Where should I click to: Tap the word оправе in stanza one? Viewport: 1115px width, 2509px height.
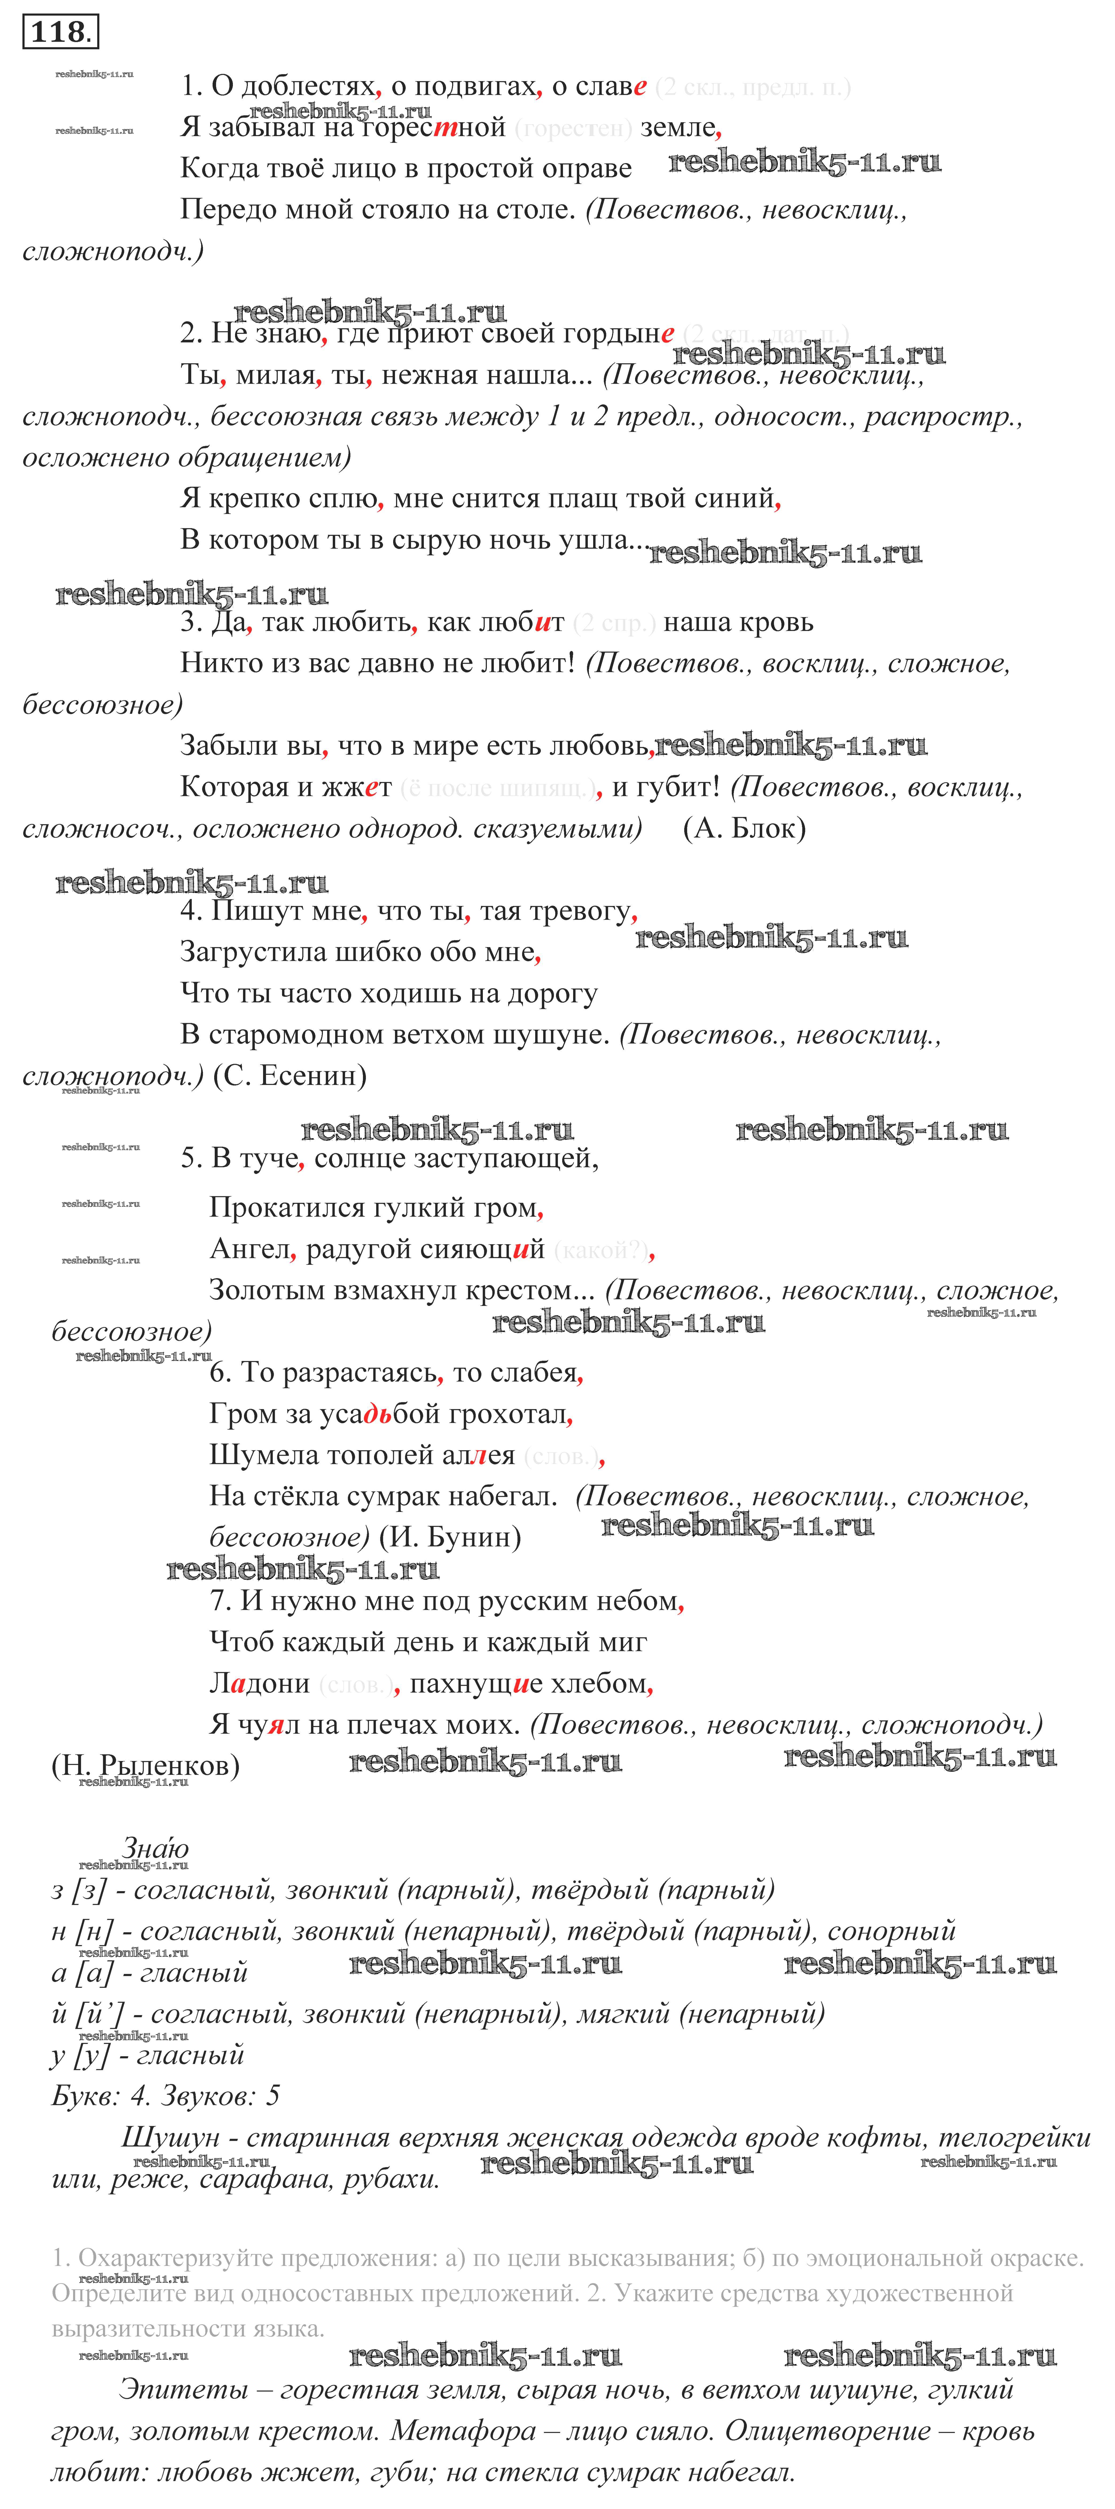(x=583, y=169)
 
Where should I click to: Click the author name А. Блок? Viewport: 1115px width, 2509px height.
(x=745, y=829)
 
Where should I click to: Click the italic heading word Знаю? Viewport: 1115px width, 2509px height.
(x=156, y=1848)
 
